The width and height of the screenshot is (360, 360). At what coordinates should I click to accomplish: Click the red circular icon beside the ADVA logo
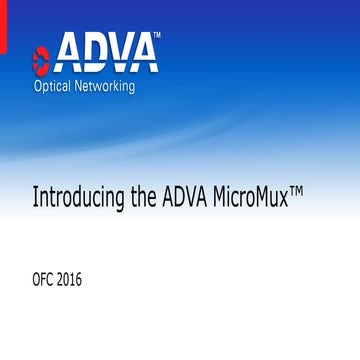pos(40,57)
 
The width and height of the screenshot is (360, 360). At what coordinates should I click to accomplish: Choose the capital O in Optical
pos(39,85)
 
